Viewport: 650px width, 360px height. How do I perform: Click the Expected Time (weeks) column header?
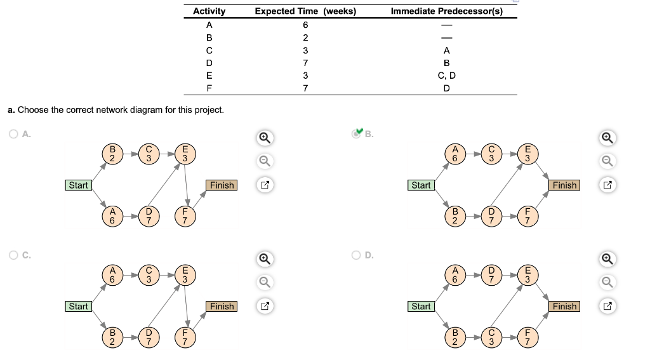click(305, 11)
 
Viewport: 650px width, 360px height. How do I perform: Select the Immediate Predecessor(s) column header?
click(446, 11)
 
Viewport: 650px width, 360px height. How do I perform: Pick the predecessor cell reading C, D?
click(446, 76)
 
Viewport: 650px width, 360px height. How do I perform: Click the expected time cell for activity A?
click(305, 25)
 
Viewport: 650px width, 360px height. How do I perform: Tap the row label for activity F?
click(209, 88)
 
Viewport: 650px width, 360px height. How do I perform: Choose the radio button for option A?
click(13, 134)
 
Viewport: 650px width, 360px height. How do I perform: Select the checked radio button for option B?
click(357, 134)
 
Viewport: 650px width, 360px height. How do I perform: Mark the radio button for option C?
click(13, 255)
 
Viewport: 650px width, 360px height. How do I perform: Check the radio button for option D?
click(357, 255)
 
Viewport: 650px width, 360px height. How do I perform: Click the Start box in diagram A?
click(78, 185)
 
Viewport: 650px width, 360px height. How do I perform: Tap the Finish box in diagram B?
click(564, 185)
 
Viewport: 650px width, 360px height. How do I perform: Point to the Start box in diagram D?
click(421, 307)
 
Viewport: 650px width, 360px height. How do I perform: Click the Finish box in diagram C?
click(222, 307)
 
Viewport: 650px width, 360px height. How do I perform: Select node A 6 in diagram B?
click(455, 154)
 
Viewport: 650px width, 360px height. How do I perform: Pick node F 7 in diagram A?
click(185, 216)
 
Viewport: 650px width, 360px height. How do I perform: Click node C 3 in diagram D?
click(491, 337)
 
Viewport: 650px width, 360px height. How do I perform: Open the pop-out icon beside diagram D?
click(608, 307)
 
